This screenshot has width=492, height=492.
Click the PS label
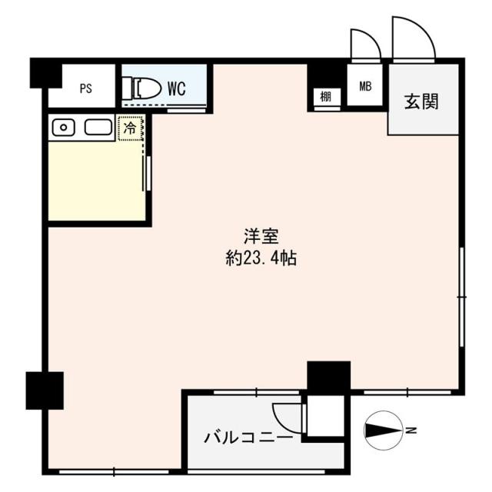[85, 88]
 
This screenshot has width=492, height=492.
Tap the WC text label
[176, 88]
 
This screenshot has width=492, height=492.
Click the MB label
[364, 86]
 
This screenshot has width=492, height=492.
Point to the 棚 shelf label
[326, 98]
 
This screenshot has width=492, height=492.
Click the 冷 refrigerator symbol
[131, 129]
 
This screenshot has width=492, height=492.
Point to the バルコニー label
[248, 438]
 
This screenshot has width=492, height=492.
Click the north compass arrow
[383, 430]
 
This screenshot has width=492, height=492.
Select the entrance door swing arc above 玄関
[413, 37]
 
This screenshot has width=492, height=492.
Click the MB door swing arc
[364, 44]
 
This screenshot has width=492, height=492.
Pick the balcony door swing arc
[288, 418]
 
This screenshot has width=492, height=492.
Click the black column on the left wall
[44, 390]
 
